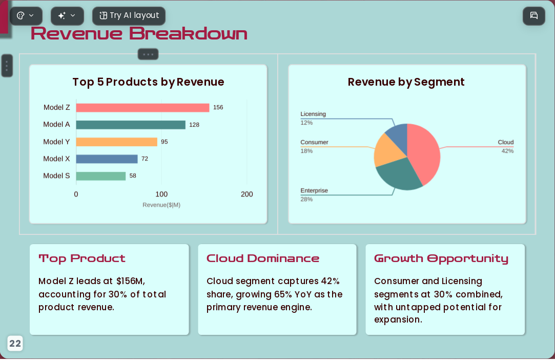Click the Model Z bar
(x=142, y=108)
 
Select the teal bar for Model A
(x=131, y=125)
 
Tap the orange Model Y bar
(x=116, y=142)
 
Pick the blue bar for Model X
(x=107, y=159)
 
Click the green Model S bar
(x=101, y=176)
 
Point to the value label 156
(x=218, y=107)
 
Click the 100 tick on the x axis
(x=161, y=194)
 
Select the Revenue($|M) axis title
(x=161, y=205)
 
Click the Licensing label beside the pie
(x=313, y=114)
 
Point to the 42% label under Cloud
(x=507, y=151)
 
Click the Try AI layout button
(x=129, y=16)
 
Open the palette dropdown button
(x=26, y=16)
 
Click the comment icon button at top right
(x=534, y=16)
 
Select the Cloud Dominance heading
(x=262, y=258)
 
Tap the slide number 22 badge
(x=15, y=344)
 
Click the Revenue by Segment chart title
(x=406, y=82)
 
